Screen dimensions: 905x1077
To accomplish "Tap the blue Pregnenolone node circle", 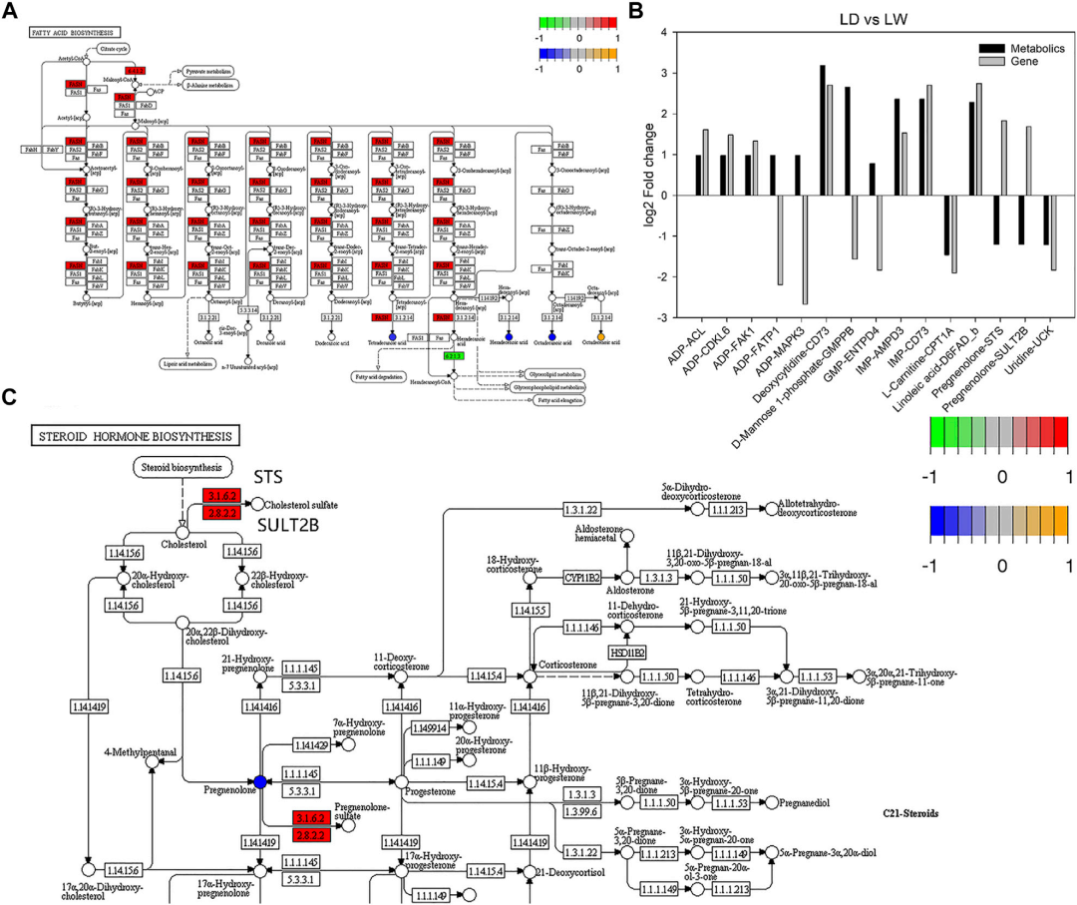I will [x=260, y=781].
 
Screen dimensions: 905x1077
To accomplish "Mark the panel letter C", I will [x=10, y=396].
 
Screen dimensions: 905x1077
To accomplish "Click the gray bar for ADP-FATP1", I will [x=753, y=240].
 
